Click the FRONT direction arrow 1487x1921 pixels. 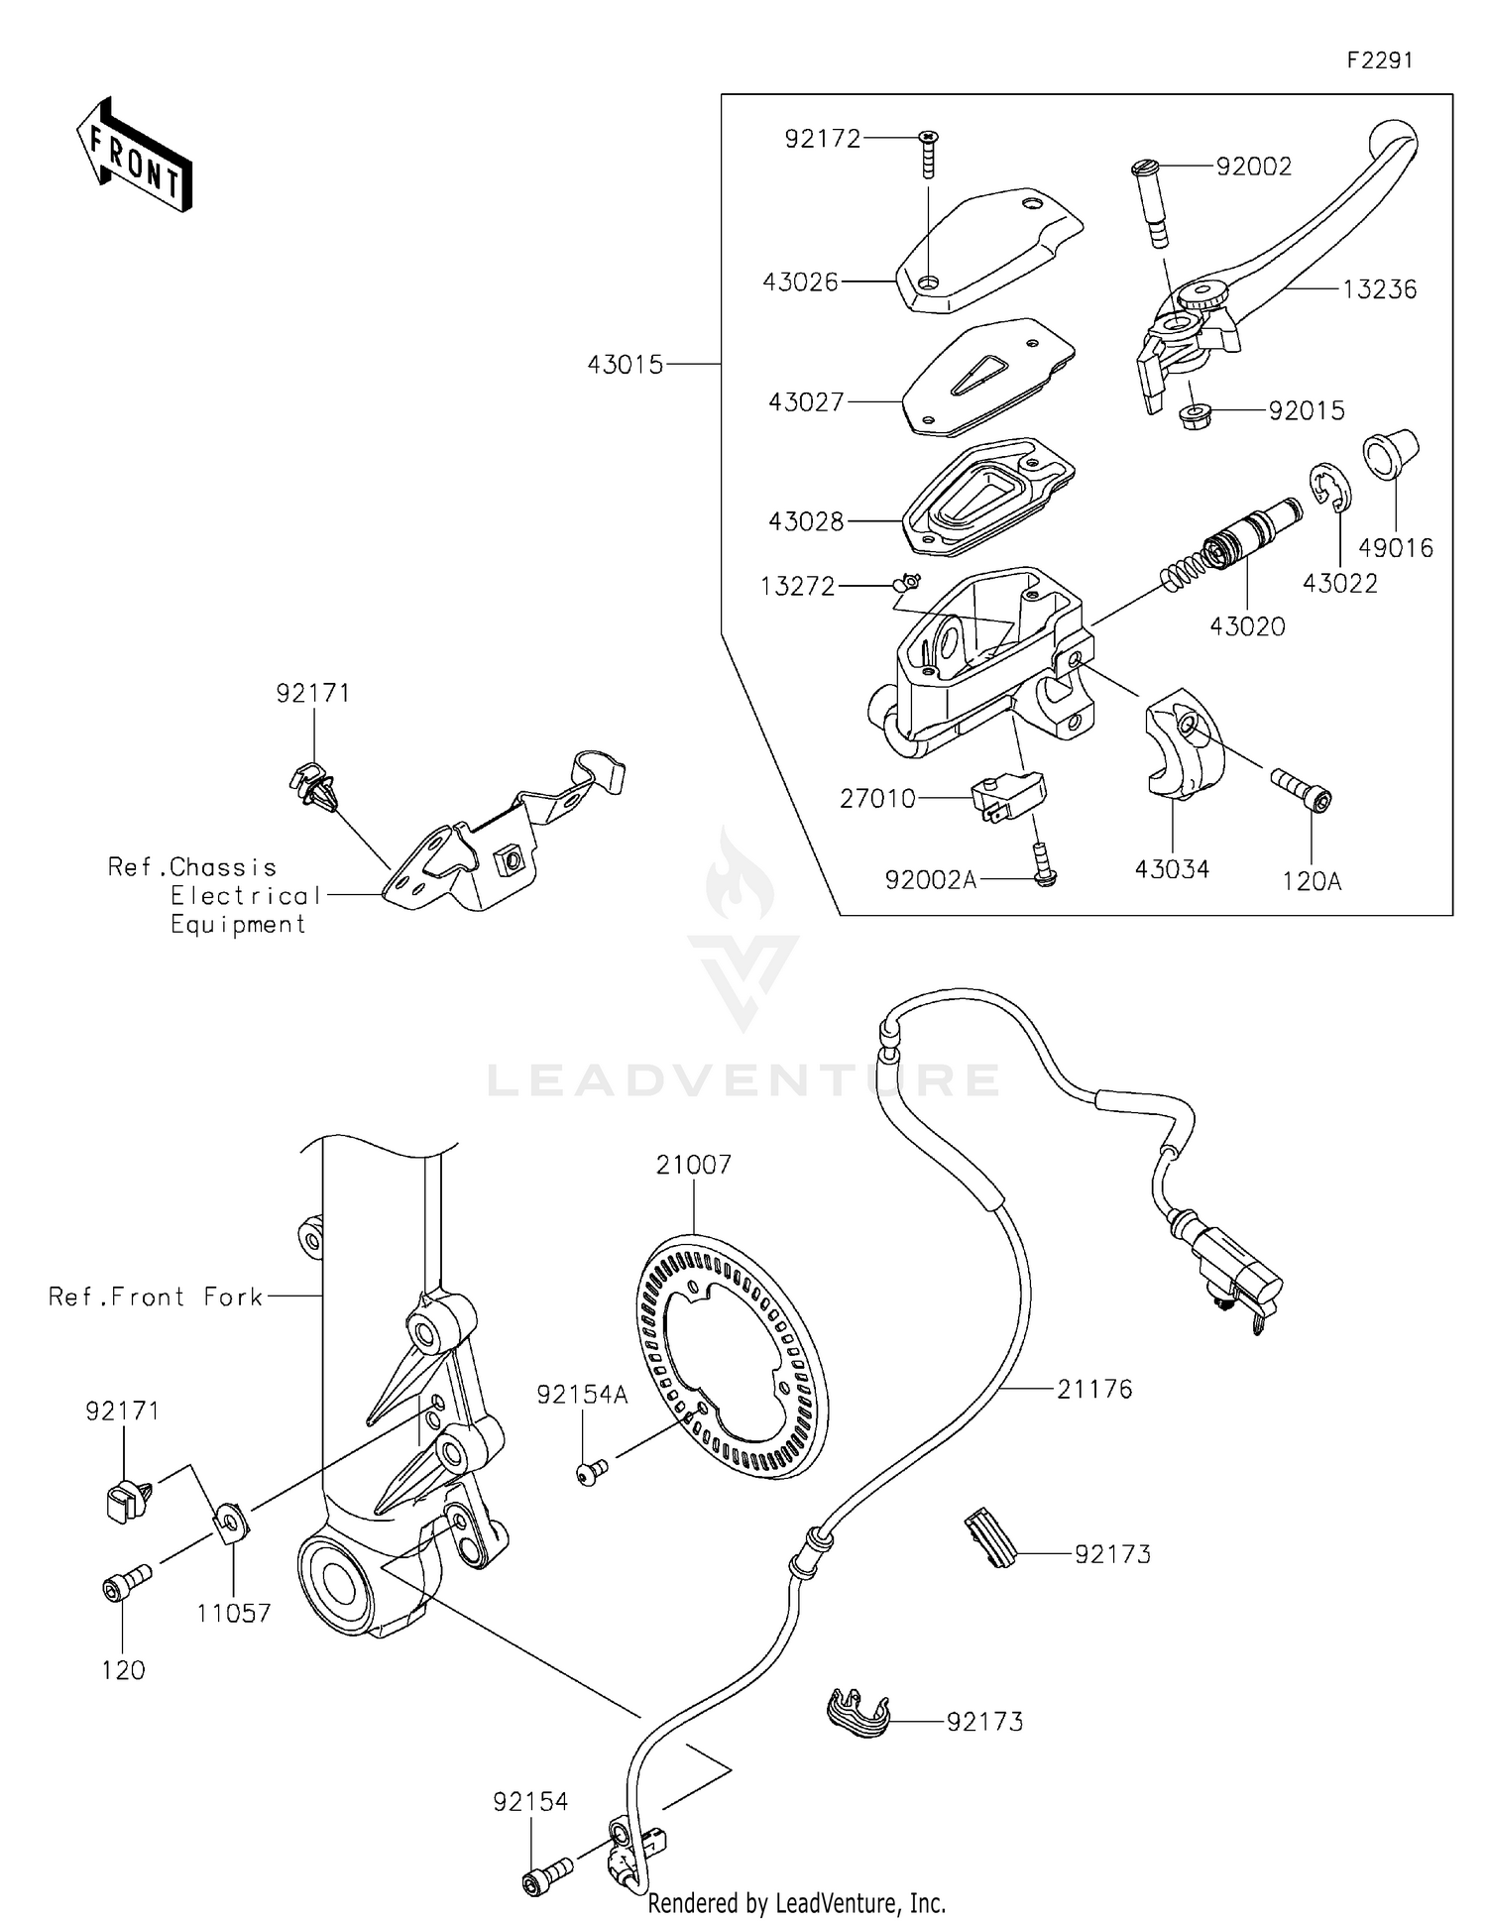coord(134,156)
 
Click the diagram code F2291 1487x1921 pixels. coord(1379,60)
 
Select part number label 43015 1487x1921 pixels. coord(626,365)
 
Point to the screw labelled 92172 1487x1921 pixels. coord(929,155)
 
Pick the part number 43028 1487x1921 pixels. coord(806,521)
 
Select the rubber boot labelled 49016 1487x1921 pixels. coord(1392,455)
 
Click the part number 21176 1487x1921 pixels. coord(1094,1390)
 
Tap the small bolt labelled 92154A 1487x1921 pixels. coord(592,1472)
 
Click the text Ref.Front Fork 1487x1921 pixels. coord(156,1297)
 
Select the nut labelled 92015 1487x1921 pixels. coord(1195,413)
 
